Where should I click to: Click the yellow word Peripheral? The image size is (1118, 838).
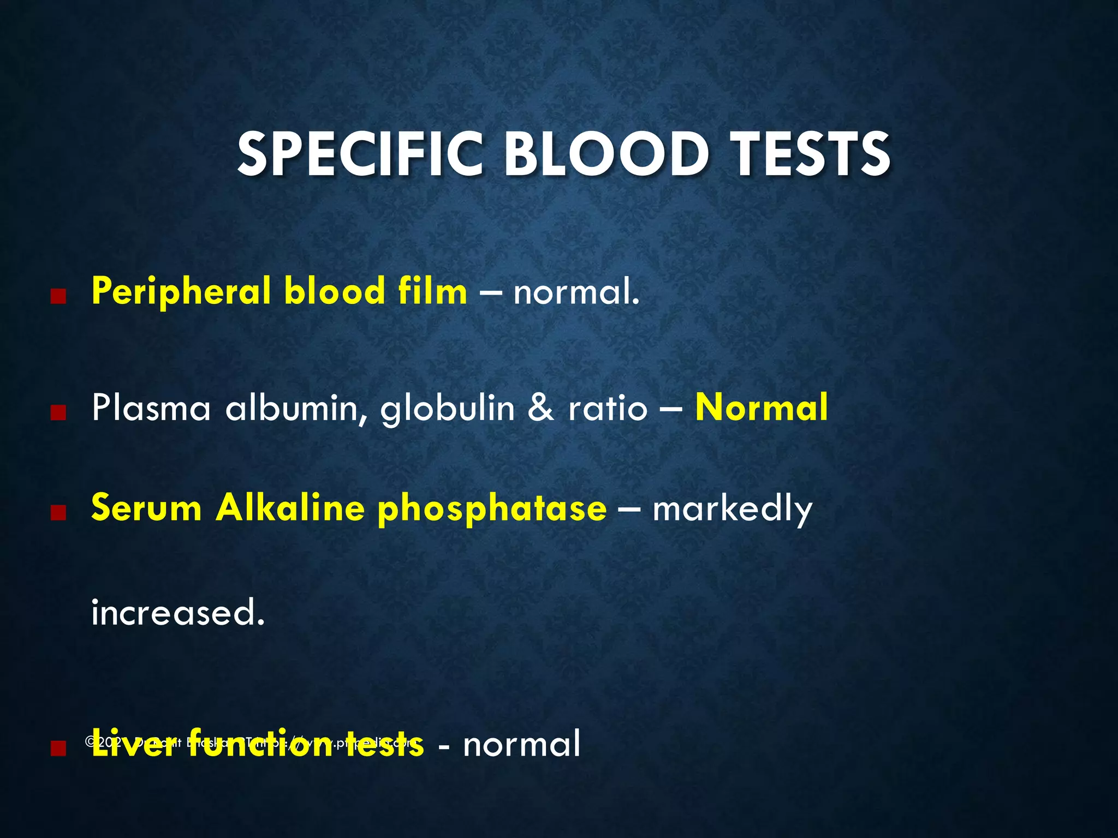pyautogui.click(x=181, y=292)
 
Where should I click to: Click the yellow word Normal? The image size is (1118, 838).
pyautogui.click(x=762, y=408)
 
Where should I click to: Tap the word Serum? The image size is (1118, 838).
pyautogui.click(x=146, y=508)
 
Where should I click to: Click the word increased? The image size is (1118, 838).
pyautogui.click(x=178, y=613)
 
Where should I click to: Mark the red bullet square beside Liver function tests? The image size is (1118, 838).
pyautogui.click(x=58, y=748)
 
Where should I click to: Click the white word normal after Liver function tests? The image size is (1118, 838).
pyautogui.click(x=521, y=745)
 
